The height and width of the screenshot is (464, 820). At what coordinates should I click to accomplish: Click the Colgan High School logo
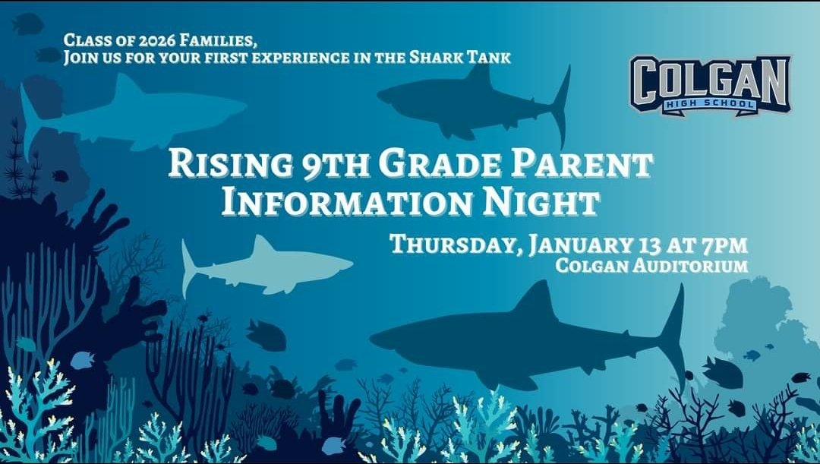point(709,84)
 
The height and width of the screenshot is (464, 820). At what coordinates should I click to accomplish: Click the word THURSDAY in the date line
point(454,245)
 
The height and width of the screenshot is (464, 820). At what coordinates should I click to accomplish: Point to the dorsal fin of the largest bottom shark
point(540,297)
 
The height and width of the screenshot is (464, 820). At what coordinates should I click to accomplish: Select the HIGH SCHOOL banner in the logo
point(709,103)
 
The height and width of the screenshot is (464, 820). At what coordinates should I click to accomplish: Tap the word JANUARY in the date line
point(578,245)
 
